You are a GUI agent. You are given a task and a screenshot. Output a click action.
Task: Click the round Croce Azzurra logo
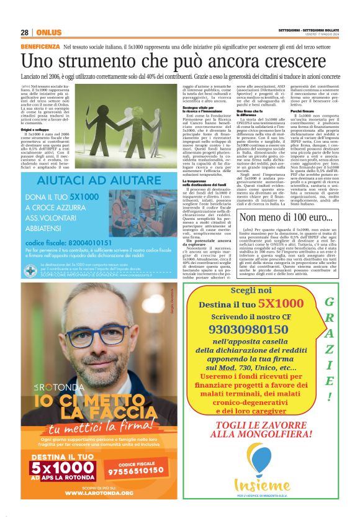click(x=30, y=271)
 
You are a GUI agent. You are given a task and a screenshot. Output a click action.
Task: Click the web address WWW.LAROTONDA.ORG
click(x=99, y=493)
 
